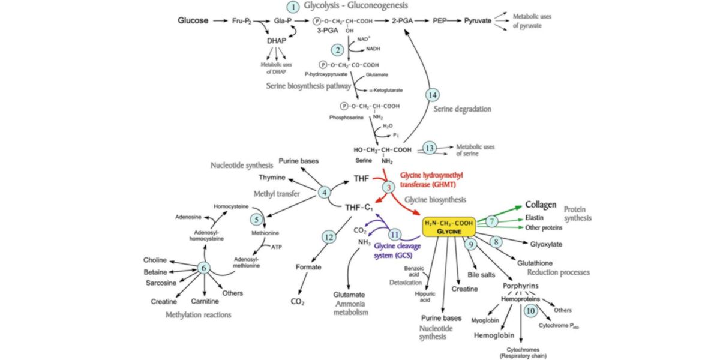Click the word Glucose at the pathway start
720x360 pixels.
coord(193,21)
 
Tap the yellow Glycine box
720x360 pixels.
coord(449,227)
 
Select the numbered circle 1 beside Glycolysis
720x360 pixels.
coord(293,8)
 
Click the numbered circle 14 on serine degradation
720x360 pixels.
coord(433,94)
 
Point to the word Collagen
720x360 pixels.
coord(541,205)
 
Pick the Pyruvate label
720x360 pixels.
coord(478,21)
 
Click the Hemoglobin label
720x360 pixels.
coord(493,336)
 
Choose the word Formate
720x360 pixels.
coord(308,267)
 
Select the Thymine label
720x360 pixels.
coord(272,178)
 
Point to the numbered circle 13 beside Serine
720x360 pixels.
coord(429,148)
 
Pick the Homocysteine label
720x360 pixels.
coord(230,206)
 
